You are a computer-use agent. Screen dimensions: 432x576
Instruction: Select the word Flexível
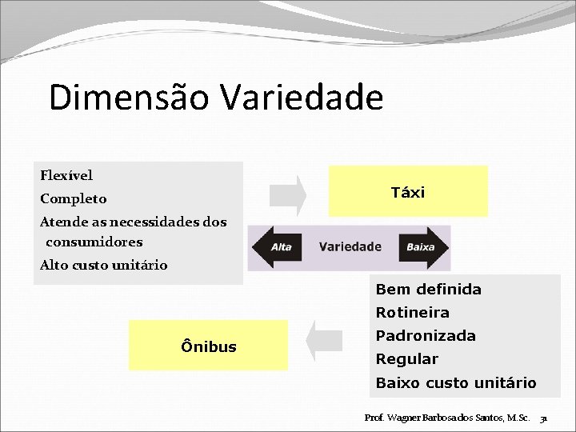click(66, 174)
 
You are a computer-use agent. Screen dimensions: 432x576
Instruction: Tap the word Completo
click(73, 198)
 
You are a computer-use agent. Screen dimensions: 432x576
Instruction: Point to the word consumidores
click(94, 242)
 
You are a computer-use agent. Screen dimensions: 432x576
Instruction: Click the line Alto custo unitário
click(103, 265)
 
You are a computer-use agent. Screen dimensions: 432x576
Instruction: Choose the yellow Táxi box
click(408, 192)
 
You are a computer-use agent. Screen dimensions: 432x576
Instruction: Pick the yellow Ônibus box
click(209, 346)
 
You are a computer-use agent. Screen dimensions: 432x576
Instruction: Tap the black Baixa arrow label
click(422, 247)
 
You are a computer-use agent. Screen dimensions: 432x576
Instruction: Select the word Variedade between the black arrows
click(350, 247)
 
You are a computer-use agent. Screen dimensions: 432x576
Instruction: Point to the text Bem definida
click(428, 289)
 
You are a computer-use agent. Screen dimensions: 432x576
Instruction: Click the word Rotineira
click(412, 312)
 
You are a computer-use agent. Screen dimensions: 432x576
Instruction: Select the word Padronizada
click(426, 335)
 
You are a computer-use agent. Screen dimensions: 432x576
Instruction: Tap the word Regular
click(406, 358)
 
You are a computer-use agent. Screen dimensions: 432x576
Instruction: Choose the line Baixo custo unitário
click(456, 382)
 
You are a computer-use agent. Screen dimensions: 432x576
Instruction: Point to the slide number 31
click(543, 418)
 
